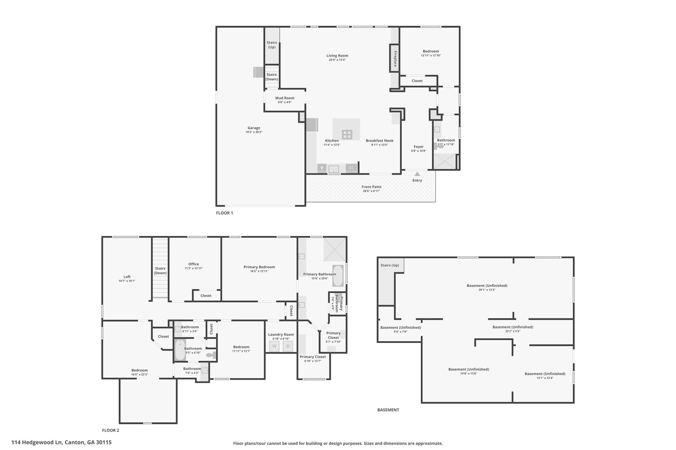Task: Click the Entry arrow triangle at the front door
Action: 417,174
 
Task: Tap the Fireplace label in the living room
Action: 395,58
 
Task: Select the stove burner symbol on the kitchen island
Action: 347,135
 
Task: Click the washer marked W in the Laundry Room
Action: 274,346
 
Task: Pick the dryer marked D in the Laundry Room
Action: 288,346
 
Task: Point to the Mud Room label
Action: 285,98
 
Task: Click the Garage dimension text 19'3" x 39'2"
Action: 254,132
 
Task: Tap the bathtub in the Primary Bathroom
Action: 338,276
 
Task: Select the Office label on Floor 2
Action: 194,264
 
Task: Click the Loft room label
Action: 127,277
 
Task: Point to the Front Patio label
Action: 372,187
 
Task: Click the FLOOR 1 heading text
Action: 224,213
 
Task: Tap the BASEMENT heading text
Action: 388,410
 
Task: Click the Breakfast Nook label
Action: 380,141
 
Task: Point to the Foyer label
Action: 419,147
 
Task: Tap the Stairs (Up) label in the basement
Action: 390,265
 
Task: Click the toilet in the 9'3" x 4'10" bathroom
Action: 210,355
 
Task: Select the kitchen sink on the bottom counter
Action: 334,169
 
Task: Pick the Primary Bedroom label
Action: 259,267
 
